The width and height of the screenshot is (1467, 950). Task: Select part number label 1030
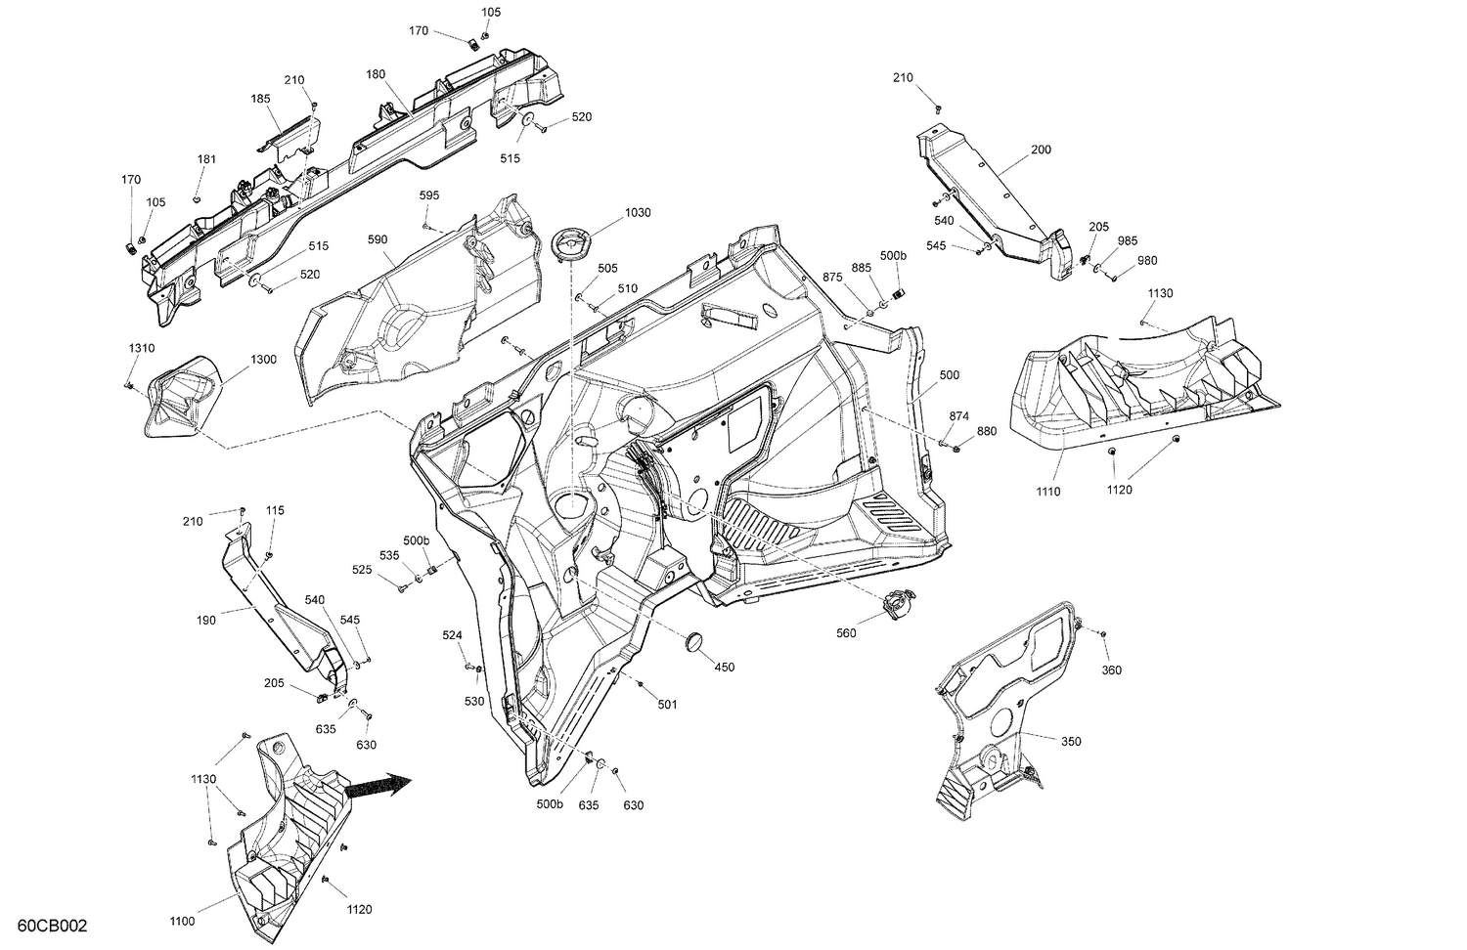[x=638, y=213]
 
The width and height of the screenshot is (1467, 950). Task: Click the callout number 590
[x=378, y=239]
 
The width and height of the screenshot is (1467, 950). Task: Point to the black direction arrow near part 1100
[x=380, y=786]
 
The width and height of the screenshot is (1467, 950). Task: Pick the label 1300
[x=263, y=359]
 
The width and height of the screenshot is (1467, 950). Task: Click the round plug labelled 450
[x=695, y=641]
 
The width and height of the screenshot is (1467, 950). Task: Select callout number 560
[x=846, y=633]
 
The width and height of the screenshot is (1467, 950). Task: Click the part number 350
[x=1071, y=742]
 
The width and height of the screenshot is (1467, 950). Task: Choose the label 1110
[x=1047, y=492]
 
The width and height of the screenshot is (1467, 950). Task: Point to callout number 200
[x=1041, y=151]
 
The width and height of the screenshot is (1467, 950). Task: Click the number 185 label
[x=260, y=99]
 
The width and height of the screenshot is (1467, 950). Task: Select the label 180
[x=376, y=74]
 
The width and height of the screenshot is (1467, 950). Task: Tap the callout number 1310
[x=141, y=348]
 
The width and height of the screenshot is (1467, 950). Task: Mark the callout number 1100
[x=182, y=921]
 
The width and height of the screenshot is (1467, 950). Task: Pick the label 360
[x=1111, y=670]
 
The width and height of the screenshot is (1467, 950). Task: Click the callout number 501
[x=666, y=704]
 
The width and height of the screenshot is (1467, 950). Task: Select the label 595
[x=429, y=195]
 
